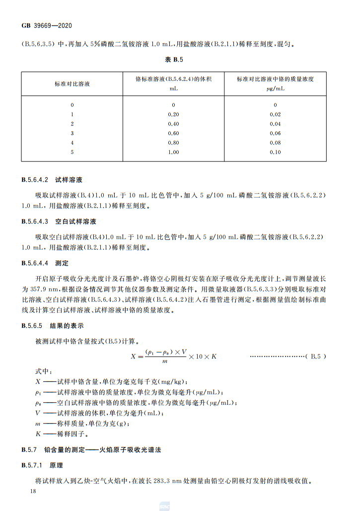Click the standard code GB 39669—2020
48,25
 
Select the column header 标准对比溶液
72,83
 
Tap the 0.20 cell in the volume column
173,114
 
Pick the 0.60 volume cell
173,133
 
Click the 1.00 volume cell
173,152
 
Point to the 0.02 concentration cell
275,114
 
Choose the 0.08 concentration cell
275,143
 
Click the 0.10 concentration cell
275,152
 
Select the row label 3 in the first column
72,133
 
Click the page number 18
33,491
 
